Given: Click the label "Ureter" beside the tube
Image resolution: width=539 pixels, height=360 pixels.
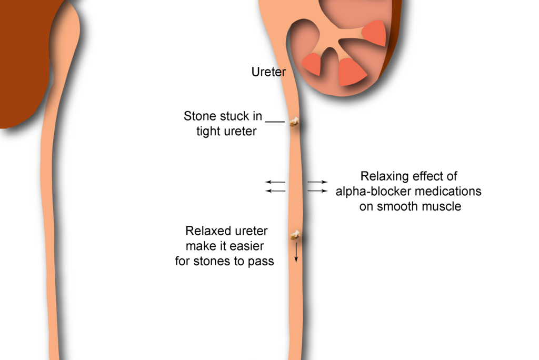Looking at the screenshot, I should click(268, 72).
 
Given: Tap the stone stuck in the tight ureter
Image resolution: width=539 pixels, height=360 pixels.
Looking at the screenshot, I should click(294, 122).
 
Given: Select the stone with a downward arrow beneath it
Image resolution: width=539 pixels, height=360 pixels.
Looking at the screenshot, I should click(295, 235).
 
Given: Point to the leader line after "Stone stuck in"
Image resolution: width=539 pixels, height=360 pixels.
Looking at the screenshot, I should click(275, 122).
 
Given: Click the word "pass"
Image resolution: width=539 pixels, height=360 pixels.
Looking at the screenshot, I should click(261, 261).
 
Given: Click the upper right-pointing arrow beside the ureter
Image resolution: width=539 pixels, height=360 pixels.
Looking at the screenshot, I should click(317, 182).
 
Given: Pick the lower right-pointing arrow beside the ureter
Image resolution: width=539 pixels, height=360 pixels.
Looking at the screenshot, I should click(317, 191).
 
